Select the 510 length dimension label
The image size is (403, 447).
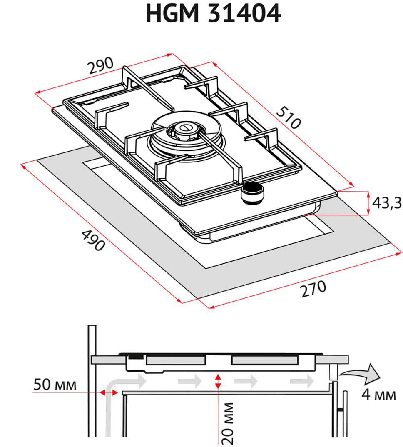[289, 118]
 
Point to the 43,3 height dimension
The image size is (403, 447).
[386, 203]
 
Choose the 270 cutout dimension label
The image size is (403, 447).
[312, 288]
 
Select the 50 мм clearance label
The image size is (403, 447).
[55, 385]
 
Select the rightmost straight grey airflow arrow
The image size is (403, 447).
[302, 380]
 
